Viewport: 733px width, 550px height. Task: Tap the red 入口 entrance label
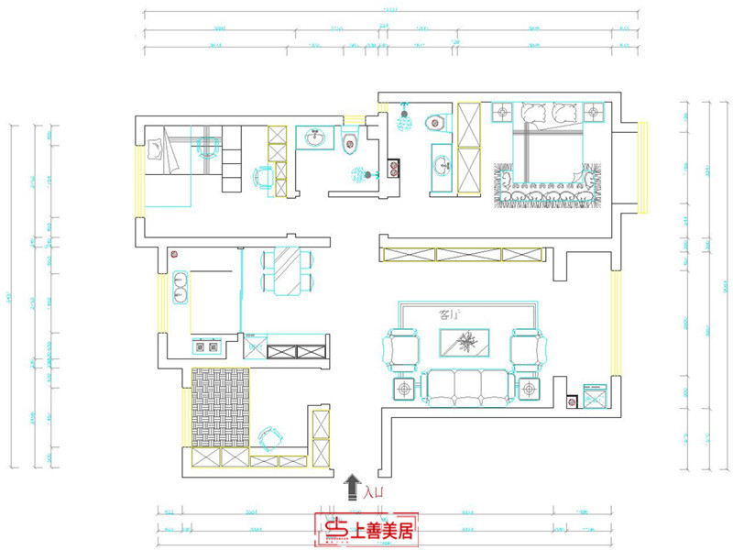(x=373, y=493)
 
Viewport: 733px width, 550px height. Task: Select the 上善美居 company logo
(x=366, y=529)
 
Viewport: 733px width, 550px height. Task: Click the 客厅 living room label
(x=449, y=315)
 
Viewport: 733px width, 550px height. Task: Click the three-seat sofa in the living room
(x=467, y=386)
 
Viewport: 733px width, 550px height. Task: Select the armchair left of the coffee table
(x=401, y=348)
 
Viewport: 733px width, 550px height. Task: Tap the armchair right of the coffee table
(x=527, y=348)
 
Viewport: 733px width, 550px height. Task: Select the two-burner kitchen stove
(x=205, y=346)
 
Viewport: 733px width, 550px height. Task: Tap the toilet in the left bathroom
(x=348, y=141)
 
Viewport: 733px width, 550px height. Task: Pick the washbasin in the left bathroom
(x=317, y=138)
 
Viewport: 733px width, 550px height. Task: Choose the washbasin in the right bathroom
(x=442, y=166)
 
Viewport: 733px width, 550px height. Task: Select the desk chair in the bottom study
(x=268, y=437)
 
